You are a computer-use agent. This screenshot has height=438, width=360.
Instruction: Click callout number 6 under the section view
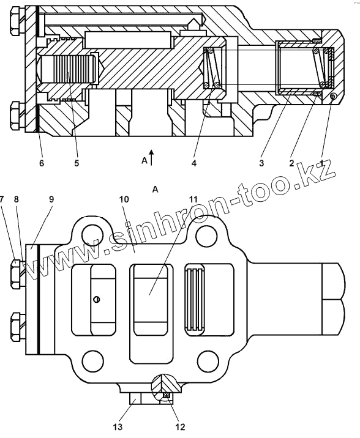pos(42,163)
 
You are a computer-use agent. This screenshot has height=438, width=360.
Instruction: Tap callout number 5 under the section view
pos(77,163)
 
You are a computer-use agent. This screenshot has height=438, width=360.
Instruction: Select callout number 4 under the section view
pos(194,163)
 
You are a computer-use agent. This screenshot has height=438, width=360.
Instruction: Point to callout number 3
pos(261,163)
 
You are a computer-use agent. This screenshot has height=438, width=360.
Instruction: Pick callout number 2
pos(291,163)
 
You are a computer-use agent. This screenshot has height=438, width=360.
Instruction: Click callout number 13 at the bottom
pos(118,427)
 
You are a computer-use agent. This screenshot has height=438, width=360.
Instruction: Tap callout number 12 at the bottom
pos(180,427)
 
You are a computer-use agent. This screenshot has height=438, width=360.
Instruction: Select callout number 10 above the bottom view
pos(124,199)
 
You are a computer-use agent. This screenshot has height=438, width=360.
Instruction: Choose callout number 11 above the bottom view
pos(193,199)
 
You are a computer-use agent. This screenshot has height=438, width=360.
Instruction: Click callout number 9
pos(51,199)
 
